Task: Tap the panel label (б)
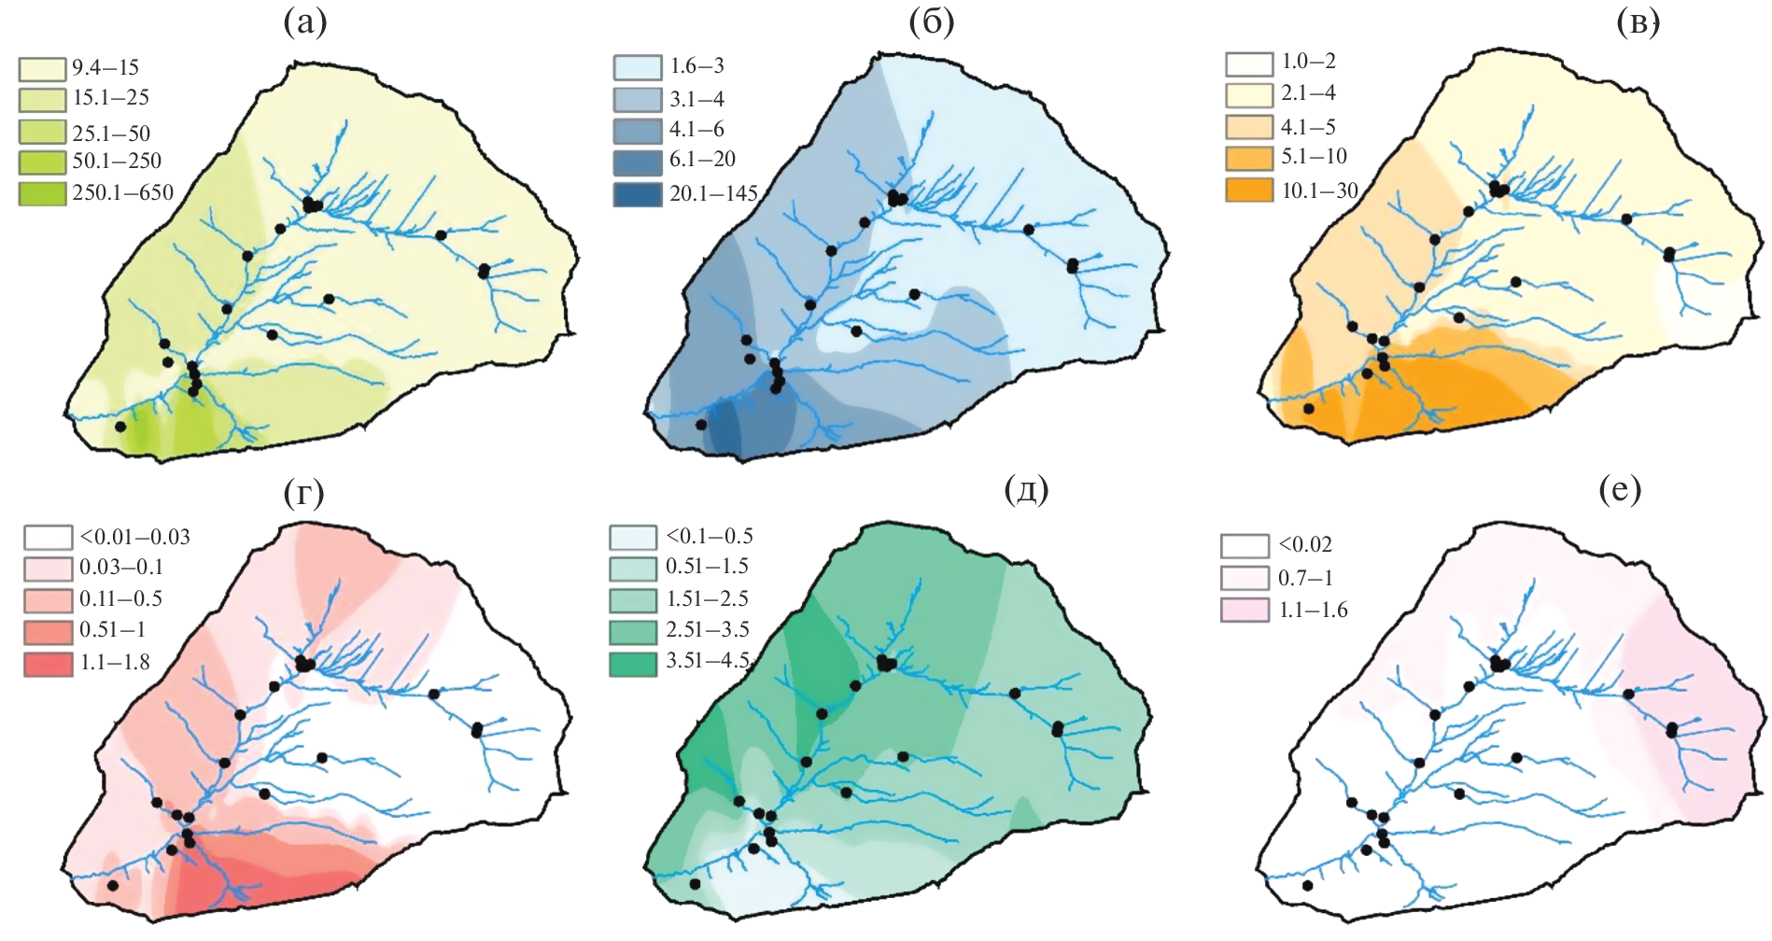coord(931,23)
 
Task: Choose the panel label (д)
coord(1026,489)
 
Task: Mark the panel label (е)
coord(1620,489)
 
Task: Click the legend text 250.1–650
coord(123,193)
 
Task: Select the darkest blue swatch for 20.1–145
coord(637,194)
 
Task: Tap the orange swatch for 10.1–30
coord(1249,190)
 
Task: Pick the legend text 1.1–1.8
coord(115,663)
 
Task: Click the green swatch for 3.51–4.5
coord(633,664)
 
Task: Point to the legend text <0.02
coord(1305,544)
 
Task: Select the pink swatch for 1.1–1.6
coord(1245,610)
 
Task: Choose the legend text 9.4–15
coord(105,67)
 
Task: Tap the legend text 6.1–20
coord(702,160)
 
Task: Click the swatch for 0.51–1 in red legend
coord(49,631)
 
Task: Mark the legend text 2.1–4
coord(1308,93)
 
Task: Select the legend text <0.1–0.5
coord(710,537)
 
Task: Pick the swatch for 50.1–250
coord(42,162)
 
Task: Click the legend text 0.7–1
coord(1305,578)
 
